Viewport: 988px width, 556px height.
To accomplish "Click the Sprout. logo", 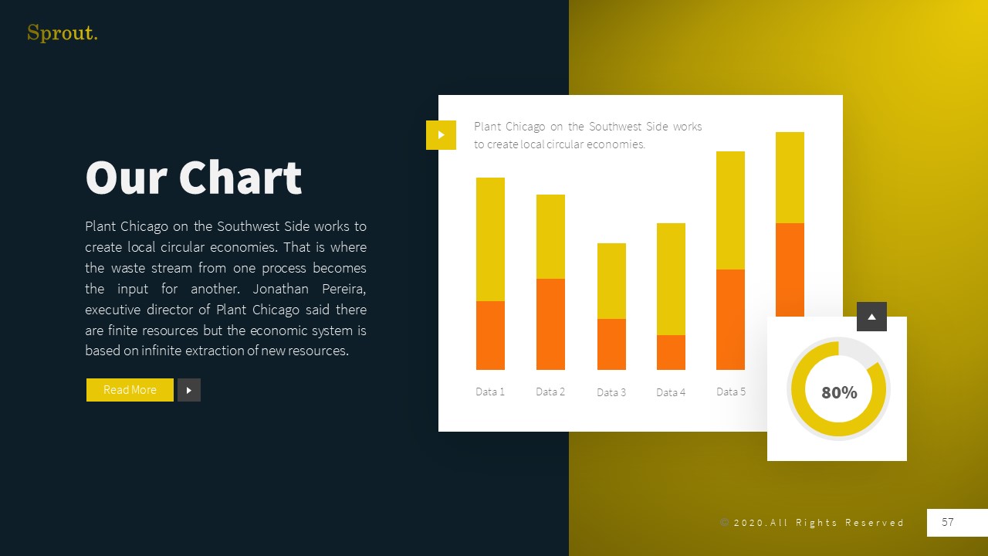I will [x=62, y=33].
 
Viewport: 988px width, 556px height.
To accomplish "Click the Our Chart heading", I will [x=193, y=178].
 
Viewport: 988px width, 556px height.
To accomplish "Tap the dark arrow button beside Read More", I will [x=189, y=390].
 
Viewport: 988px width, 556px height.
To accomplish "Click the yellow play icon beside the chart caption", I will [x=441, y=135].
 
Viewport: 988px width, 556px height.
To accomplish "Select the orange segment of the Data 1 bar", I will [x=490, y=335].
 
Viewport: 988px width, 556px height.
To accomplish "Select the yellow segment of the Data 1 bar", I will [x=490, y=239].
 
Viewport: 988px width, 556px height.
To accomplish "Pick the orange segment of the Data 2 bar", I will [x=550, y=324].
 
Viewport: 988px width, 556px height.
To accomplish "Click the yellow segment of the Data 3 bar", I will [x=611, y=281].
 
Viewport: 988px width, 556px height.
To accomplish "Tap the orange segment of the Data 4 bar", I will [x=671, y=352].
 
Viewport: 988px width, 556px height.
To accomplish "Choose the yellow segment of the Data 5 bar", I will [x=730, y=210].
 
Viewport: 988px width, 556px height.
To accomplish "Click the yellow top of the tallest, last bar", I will [x=790, y=178].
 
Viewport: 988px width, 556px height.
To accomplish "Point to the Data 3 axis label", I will [x=611, y=392].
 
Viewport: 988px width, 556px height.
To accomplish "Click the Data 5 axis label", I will [x=731, y=392].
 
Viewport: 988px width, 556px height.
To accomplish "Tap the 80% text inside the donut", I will [x=839, y=392].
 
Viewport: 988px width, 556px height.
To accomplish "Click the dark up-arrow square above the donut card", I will [x=871, y=317].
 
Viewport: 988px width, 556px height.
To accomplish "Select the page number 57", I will [x=948, y=523].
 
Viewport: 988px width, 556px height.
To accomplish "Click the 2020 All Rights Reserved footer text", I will [x=812, y=523].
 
